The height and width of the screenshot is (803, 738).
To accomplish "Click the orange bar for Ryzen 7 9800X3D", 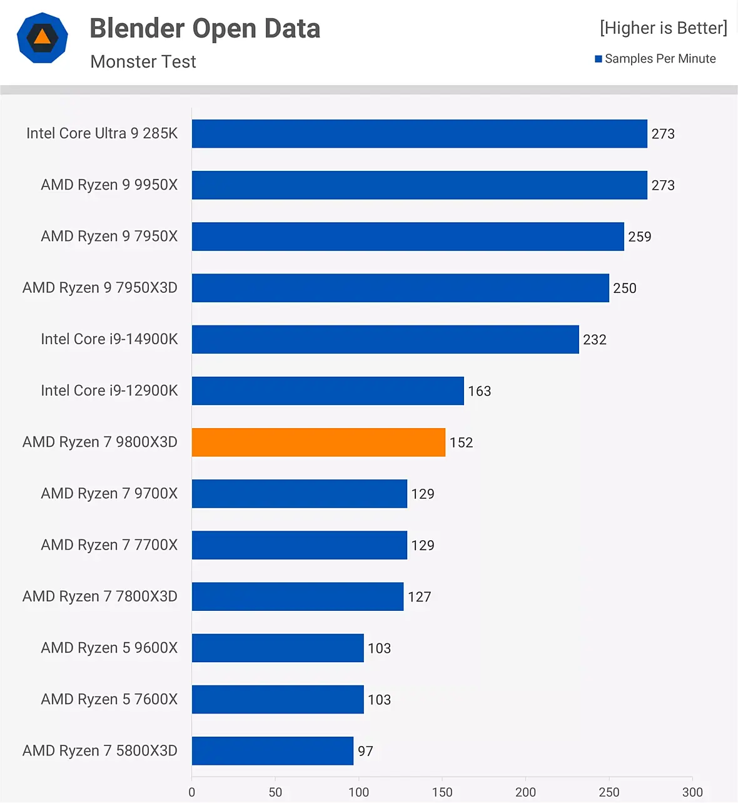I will tap(318, 442).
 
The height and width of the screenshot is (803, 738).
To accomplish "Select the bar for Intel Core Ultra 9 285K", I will tap(419, 134).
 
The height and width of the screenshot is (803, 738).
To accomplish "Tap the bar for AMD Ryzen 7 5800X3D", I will tap(272, 751).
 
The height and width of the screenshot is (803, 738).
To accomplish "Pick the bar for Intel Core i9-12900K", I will tap(328, 391).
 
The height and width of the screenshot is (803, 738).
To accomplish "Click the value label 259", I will tap(639, 237).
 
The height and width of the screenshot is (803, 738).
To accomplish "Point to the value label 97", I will tap(365, 751).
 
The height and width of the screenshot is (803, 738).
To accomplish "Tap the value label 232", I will tap(594, 340).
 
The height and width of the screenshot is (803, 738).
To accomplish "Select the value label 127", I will tap(419, 597).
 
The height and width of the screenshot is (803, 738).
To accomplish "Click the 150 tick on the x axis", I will tap(442, 792).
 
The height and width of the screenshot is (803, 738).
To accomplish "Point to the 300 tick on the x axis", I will tap(692, 792).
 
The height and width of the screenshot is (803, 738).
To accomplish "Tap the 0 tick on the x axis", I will tap(192, 792).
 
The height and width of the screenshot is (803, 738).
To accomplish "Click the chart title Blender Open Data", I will tap(205, 29).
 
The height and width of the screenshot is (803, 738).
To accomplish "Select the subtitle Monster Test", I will tap(143, 62).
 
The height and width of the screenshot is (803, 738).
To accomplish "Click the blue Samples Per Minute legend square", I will tap(599, 59).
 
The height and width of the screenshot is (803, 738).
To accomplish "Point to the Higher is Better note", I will tap(663, 28).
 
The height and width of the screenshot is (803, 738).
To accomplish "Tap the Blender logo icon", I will tap(42, 38).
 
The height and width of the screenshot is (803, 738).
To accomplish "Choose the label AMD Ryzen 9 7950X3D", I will tap(100, 288).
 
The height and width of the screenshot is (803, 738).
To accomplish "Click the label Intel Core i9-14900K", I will tap(109, 339).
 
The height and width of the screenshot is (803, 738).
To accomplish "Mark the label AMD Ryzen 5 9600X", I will tap(109, 648).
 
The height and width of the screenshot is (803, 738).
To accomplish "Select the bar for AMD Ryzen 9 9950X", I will tap(419, 185).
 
